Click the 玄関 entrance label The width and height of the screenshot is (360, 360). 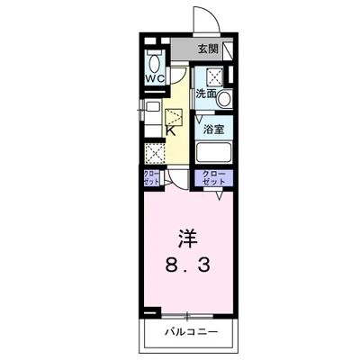pyautogui.click(x=209, y=49)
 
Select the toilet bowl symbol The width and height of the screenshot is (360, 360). pyautogui.click(x=154, y=64)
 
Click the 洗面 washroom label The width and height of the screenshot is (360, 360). pyautogui.click(x=207, y=93)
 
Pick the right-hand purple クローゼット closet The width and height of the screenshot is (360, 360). pyautogui.click(x=214, y=176)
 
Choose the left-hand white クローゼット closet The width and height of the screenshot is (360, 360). pyautogui.click(x=150, y=176)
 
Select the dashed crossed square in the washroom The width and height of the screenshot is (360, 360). pyautogui.click(x=216, y=76)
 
